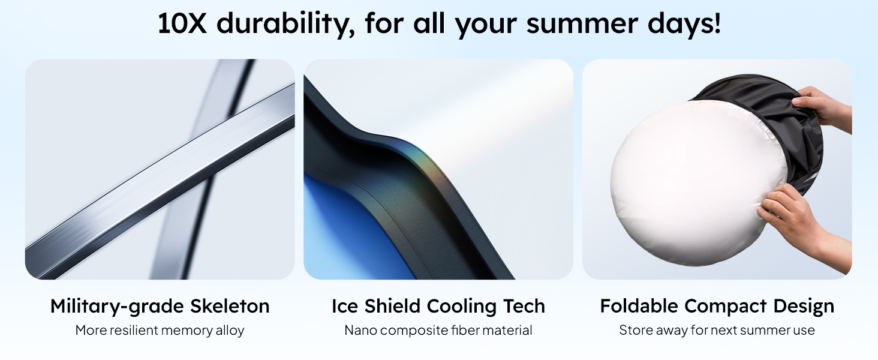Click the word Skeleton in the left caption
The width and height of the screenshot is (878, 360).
coord(230,307)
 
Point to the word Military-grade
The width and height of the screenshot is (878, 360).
coord(118,307)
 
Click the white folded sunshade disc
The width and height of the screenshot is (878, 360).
coord(690,180)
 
